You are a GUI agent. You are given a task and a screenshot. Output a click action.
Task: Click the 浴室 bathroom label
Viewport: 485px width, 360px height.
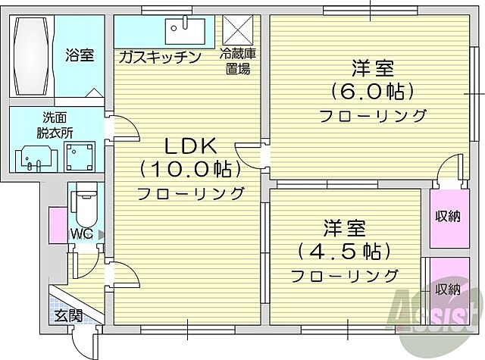(79, 55)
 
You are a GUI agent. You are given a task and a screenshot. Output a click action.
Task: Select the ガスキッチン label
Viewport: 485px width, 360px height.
(158, 57)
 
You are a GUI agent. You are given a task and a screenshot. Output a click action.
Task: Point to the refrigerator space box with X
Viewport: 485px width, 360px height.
(236, 31)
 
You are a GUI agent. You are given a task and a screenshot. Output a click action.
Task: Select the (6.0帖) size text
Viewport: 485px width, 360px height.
(372, 92)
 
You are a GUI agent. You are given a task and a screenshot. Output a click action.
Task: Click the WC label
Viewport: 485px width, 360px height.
(83, 233)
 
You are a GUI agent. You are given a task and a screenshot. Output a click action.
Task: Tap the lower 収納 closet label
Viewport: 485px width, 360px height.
(447, 289)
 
